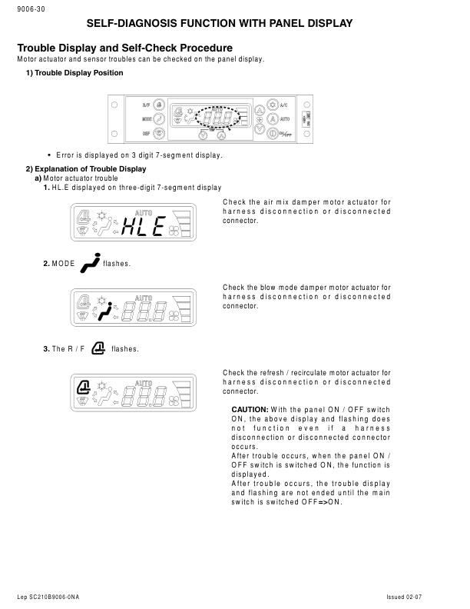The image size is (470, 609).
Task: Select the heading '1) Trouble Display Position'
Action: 74,73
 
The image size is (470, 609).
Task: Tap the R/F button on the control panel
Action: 159,105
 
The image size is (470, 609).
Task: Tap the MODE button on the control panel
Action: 159,119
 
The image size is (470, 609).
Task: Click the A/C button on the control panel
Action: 271,105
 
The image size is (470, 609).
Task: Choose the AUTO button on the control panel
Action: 271,119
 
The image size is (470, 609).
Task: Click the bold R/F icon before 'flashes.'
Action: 98,348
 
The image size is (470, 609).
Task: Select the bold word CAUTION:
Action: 250,409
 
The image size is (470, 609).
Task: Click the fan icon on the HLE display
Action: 178,227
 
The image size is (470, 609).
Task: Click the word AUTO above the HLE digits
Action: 144,212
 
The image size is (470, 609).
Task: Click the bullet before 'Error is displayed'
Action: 49,155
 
